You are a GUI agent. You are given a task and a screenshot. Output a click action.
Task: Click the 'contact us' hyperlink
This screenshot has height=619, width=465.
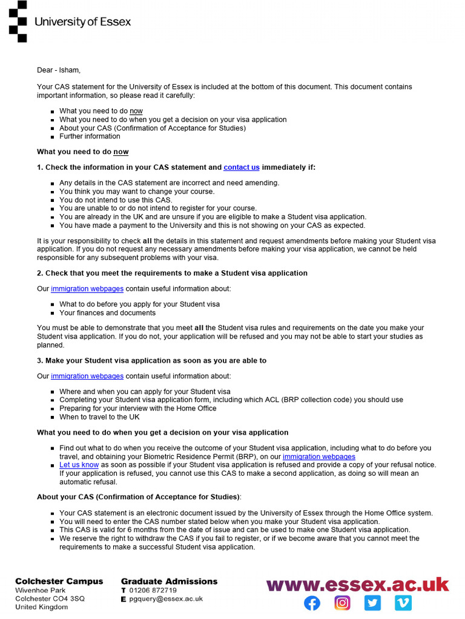pyautogui.click(x=242, y=167)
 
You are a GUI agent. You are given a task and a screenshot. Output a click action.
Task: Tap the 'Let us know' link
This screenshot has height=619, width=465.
pyautogui.click(x=79, y=465)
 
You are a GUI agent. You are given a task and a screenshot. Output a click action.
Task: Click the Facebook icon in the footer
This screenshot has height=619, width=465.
pyautogui.click(x=312, y=603)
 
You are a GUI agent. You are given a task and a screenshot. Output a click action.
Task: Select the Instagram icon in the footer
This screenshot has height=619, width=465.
pyautogui.click(x=343, y=603)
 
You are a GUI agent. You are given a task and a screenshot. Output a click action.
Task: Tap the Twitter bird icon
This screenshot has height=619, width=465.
pyautogui.click(x=373, y=603)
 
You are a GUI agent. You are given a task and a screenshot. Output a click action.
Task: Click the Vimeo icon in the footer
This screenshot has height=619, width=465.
pyautogui.click(x=403, y=603)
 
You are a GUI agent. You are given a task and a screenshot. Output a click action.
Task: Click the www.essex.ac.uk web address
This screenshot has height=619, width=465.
pyautogui.click(x=357, y=585)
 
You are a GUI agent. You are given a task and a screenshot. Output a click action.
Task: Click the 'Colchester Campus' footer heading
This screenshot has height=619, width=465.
pyautogui.click(x=59, y=582)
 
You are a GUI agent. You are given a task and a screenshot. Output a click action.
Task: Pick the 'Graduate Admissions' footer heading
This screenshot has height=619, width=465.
pyautogui.click(x=169, y=582)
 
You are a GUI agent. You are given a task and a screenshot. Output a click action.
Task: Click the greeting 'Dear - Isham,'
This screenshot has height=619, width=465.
pyautogui.click(x=59, y=70)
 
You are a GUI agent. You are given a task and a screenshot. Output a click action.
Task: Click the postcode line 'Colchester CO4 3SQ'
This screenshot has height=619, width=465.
pyautogui.click(x=50, y=599)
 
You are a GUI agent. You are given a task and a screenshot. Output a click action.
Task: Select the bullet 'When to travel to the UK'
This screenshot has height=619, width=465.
pyautogui.click(x=99, y=417)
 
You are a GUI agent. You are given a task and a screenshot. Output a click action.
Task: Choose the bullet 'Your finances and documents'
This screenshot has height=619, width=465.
pyautogui.click(x=107, y=313)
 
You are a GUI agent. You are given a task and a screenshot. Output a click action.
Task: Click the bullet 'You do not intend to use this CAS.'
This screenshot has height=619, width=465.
pyautogui.click(x=116, y=200)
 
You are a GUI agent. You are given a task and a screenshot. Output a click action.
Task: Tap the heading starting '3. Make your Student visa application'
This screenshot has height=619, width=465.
pyautogui.click(x=151, y=361)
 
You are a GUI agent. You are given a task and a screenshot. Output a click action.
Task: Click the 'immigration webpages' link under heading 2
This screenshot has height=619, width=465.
pyautogui.click(x=87, y=289)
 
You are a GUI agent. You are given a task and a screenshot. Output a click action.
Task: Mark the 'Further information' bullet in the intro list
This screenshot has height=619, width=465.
pyautogui.click(x=90, y=137)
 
